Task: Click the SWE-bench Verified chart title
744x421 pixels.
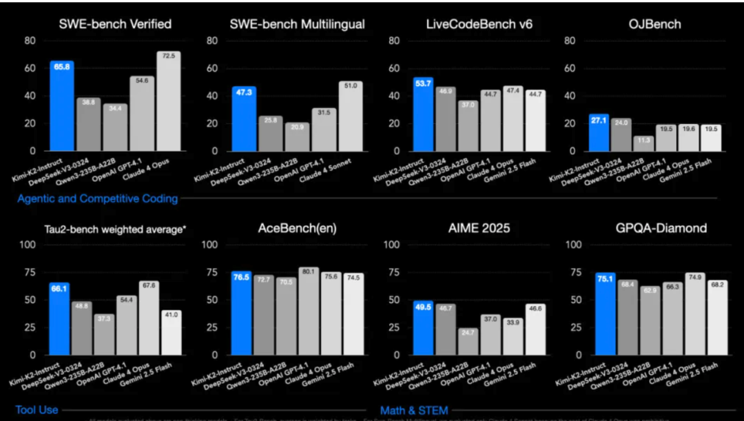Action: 116,24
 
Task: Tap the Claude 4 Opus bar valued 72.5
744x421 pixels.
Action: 169,101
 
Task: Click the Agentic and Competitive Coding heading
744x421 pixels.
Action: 97,198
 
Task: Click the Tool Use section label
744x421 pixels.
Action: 37,410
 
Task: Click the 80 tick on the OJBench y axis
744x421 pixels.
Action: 571,41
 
